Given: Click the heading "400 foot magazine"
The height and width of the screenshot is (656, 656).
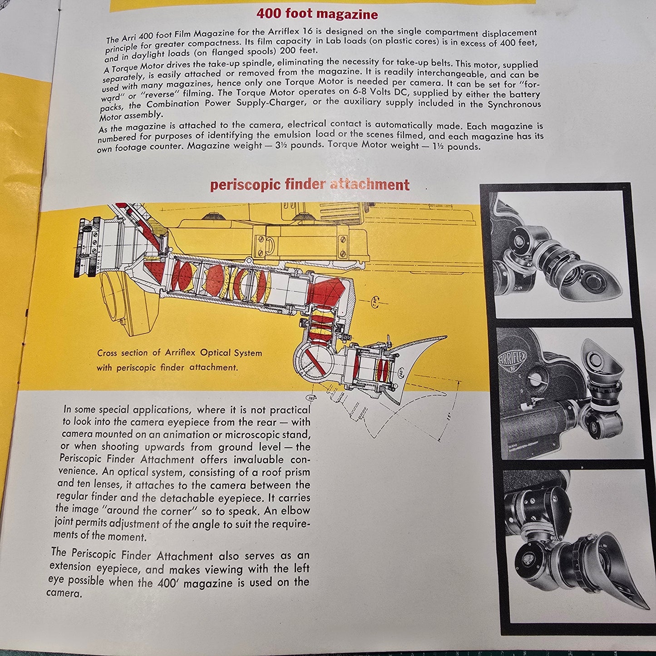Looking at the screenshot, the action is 317,14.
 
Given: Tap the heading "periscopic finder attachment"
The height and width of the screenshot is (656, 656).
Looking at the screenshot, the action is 310,185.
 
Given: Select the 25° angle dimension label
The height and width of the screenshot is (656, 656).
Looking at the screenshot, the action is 451,416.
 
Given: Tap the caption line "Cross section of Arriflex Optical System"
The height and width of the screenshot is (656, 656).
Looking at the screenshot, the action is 179,353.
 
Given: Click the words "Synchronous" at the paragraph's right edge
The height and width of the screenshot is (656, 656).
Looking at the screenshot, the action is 514,104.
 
